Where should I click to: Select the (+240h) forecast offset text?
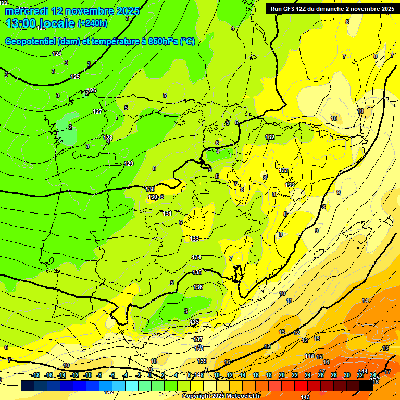pos(93,23)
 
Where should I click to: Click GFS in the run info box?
pos(291,8)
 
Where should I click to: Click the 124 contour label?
pos(57,54)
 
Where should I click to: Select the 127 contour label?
pos(97,111)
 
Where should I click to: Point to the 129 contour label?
pos(129,164)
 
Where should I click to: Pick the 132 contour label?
pos(270,137)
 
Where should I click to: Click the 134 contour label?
pos(196,257)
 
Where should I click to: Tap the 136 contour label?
pos(198,287)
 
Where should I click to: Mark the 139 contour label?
pos(202,361)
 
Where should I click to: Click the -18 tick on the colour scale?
pos(35,375)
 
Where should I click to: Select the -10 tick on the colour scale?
pos(87,375)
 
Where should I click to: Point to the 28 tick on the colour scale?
pos(334,375)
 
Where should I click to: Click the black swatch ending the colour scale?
pos(366,385)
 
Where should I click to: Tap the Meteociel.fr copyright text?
pos(221,396)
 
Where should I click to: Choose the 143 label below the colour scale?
pos(305,397)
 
